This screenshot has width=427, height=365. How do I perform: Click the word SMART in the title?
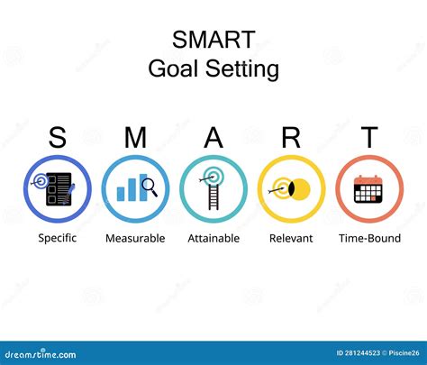click(213, 41)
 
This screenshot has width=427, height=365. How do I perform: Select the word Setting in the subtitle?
click(244, 69)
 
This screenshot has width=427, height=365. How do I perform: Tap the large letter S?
click(58, 138)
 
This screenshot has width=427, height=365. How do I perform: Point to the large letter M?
click(135, 138)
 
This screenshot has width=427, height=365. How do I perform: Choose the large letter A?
click(213, 138)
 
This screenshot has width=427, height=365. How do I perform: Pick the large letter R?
click(291, 138)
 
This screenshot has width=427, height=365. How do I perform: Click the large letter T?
click(369, 138)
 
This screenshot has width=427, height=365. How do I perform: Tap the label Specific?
click(58, 238)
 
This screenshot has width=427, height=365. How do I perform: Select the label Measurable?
click(135, 238)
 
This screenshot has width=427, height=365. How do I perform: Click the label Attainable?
click(213, 238)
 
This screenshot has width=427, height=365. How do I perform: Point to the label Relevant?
click(291, 238)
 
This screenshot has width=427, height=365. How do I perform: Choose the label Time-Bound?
click(369, 238)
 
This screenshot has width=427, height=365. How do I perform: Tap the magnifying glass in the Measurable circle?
click(150, 187)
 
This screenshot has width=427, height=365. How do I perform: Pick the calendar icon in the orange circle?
click(369, 189)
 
